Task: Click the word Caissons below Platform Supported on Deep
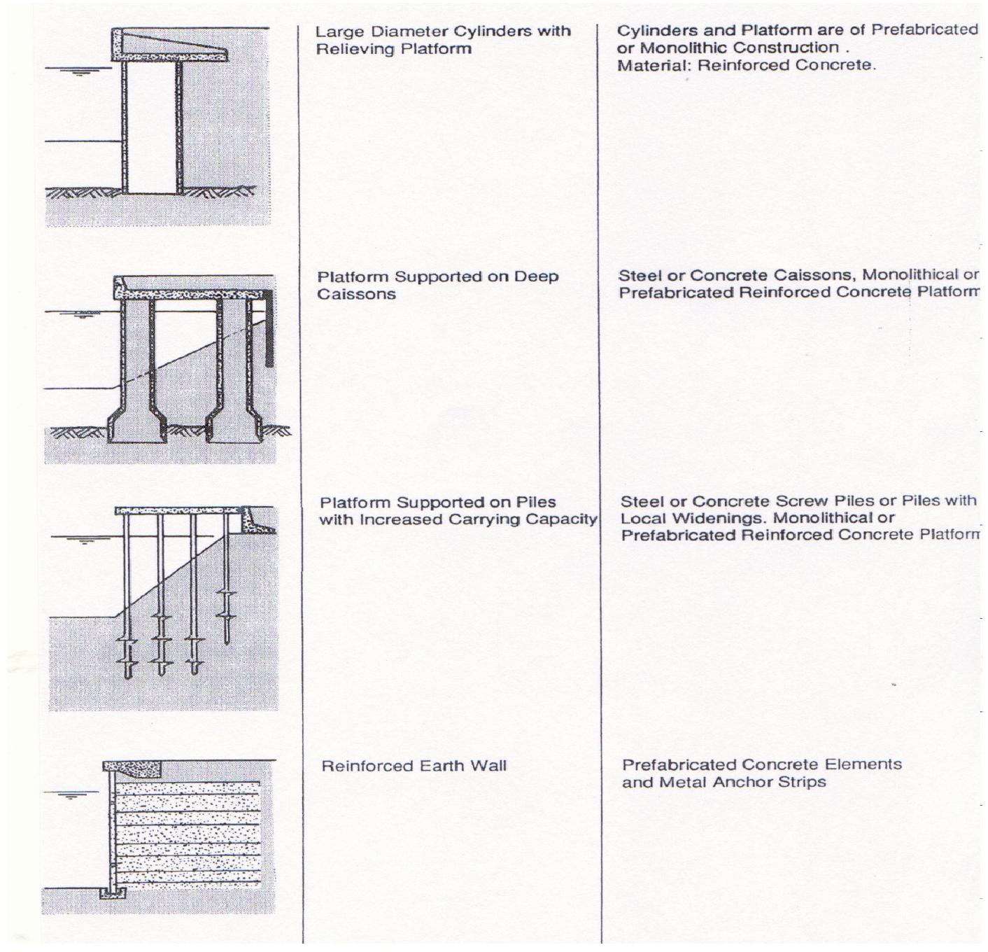[356, 294]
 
